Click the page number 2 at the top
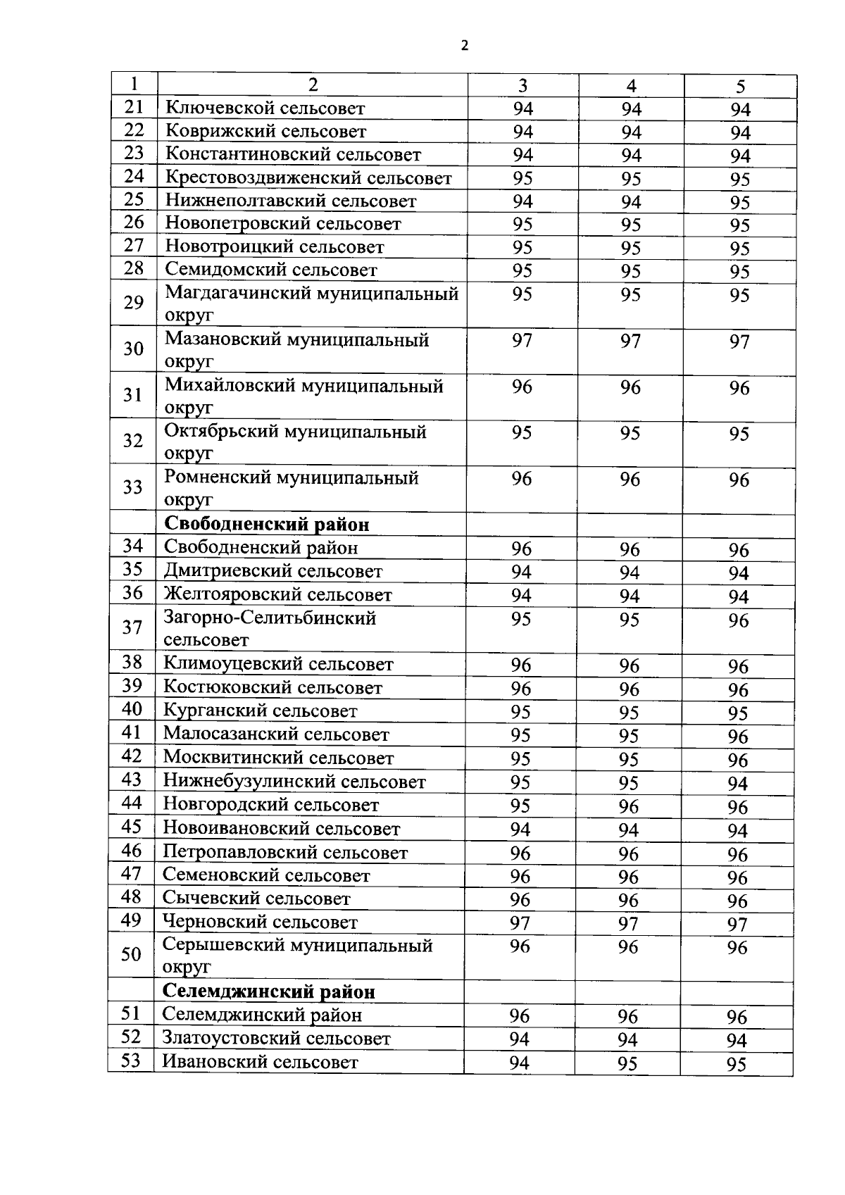click(464, 46)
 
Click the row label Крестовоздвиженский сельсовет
click(308, 178)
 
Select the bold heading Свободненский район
click(266, 525)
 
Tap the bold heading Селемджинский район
click(268, 992)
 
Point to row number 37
click(132, 627)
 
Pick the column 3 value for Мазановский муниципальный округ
click(522, 341)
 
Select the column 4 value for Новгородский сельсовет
click(629, 806)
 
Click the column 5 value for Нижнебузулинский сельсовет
click(738, 784)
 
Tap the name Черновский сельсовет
click(260, 922)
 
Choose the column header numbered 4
click(631, 86)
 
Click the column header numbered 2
click(313, 85)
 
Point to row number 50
click(131, 955)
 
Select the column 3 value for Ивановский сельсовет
click(519, 1063)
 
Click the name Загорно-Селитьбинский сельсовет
click(270, 629)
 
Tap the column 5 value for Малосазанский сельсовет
click(738, 737)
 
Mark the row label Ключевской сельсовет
click(265, 108)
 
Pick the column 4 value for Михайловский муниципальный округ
click(630, 387)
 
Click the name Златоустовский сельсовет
click(276, 1039)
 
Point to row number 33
click(132, 487)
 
